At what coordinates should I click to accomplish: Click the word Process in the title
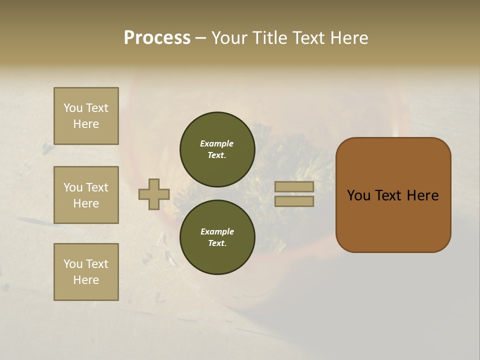click(157, 38)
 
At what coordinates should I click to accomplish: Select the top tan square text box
click(86, 116)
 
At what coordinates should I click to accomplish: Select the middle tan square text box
click(86, 195)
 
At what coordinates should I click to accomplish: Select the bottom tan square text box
click(86, 272)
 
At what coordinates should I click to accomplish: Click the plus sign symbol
click(154, 194)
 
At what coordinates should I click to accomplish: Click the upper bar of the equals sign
click(294, 187)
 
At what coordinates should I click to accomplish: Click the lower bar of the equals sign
click(294, 201)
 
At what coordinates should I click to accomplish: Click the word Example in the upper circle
click(216, 143)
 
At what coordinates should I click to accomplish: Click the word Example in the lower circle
click(217, 231)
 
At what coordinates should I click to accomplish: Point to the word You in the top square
click(73, 108)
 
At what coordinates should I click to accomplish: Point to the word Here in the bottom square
click(86, 280)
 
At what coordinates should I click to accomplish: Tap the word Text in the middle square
click(97, 187)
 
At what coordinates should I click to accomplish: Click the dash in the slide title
click(201, 38)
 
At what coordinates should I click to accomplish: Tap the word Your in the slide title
click(229, 38)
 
